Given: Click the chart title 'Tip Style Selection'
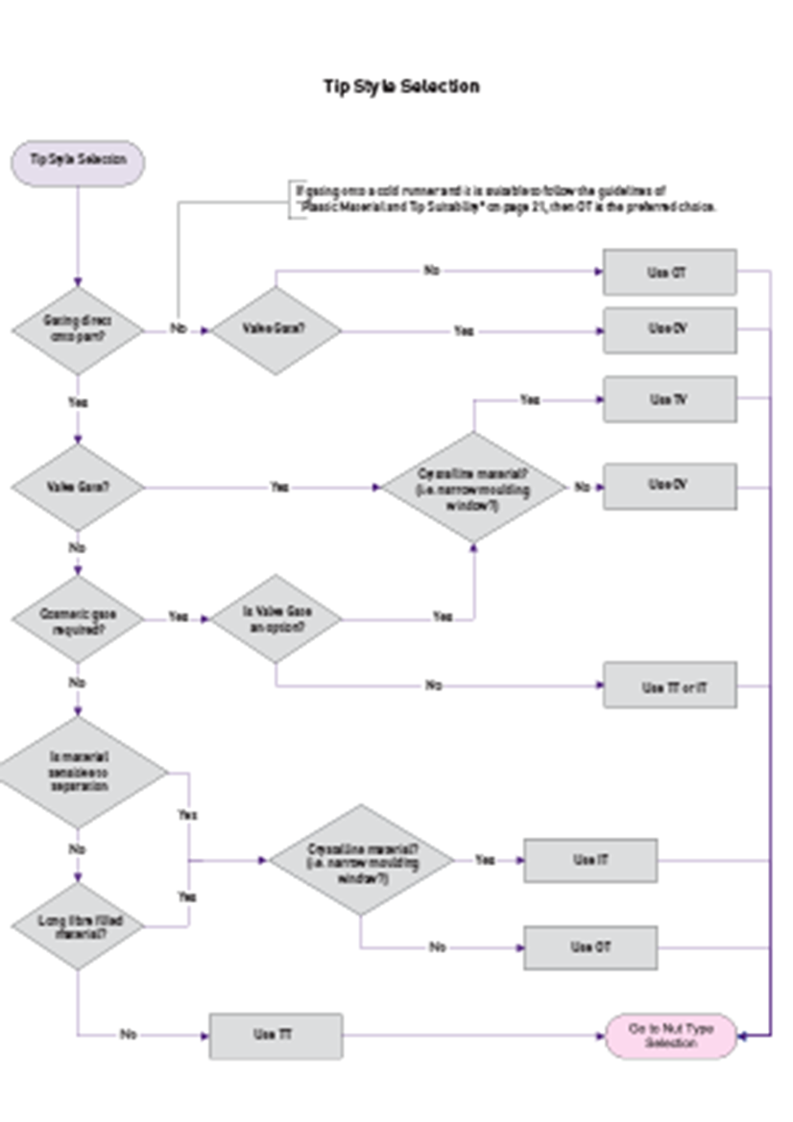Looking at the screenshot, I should click(401, 86).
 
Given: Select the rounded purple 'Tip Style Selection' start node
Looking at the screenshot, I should click(78, 160).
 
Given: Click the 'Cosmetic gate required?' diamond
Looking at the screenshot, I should click(78, 618).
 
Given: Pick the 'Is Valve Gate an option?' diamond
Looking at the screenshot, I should click(276, 618).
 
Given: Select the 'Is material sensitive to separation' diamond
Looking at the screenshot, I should click(78, 772).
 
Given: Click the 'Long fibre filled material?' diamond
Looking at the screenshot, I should click(78, 926).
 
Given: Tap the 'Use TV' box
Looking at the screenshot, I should click(669, 399).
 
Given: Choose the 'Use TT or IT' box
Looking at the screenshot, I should click(669, 686).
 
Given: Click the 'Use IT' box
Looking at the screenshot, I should click(590, 860).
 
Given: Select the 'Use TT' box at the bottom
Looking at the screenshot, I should click(276, 1036).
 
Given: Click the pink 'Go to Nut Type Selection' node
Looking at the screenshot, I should click(671, 1036).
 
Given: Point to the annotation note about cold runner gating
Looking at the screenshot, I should click(505, 199).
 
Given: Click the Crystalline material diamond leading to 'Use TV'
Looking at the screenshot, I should click(473, 488).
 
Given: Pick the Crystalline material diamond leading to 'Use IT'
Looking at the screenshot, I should click(361, 860).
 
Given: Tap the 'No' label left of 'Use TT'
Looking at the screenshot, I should click(129, 1036).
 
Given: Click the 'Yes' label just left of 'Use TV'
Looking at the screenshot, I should click(530, 399).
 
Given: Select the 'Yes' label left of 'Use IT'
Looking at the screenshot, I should click(485, 860).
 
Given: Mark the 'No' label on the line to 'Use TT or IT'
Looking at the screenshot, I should click(434, 686).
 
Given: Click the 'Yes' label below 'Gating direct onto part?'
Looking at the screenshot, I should click(78, 403).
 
